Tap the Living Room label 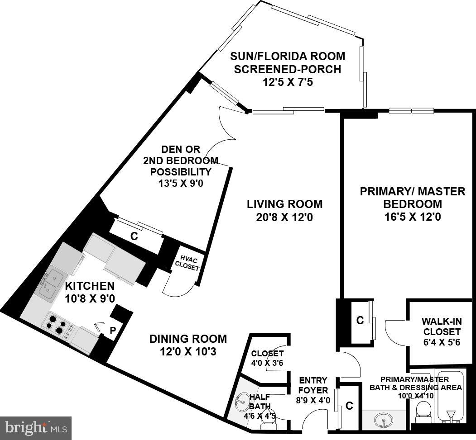[284, 204]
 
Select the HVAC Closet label [187, 264]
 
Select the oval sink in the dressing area [383, 421]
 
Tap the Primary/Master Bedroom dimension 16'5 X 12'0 [412, 217]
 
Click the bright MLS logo [36, 427]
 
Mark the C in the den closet [134, 236]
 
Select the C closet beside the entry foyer [349, 406]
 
